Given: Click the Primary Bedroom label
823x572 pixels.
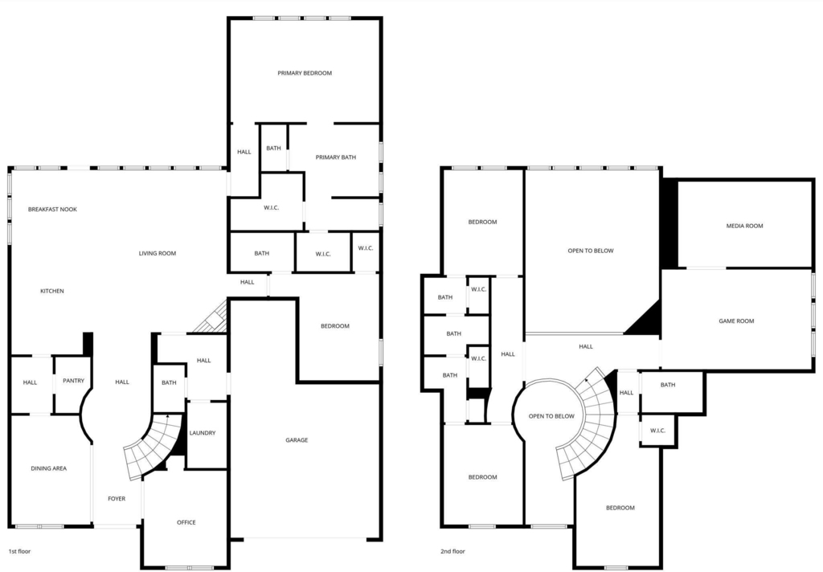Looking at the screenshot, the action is click(x=305, y=73).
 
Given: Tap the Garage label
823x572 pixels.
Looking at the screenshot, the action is click(x=297, y=439).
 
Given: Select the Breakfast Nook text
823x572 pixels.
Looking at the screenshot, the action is click(x=52, y=209).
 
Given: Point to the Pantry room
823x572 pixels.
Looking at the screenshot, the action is click(x=73, y=384).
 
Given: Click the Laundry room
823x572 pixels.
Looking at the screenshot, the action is click(x=207, y=435).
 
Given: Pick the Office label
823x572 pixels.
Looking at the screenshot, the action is click(x=186, y=522).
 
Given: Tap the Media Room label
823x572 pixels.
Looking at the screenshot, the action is click(x=744, y=226).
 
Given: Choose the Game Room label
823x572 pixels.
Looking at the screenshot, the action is click(x=736, y=321).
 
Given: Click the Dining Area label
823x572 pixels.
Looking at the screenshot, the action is click(x=49, y=468).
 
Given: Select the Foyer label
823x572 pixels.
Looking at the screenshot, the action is click(x=117, y=499).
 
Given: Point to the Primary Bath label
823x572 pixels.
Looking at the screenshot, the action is click(x=336, y=157).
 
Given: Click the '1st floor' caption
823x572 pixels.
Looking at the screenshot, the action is click(x=19, y=552).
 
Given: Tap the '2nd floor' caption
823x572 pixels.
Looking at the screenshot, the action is click(x=452, y=552).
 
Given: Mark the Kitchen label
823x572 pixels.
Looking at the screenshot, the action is click(x=52, y=291).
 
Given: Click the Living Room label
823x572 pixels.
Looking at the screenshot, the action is click(x=158, y=253).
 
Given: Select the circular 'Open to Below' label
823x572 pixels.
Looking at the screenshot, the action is click(x=551, y=416).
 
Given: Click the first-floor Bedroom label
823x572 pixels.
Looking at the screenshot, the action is click(x=335, y=326).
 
